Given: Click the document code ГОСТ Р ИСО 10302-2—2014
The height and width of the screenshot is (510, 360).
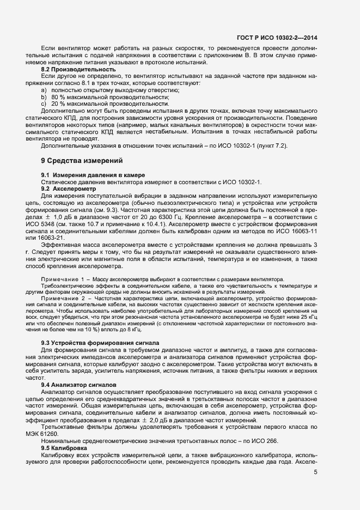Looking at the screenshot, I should pyautogui.click(x=277, y=38).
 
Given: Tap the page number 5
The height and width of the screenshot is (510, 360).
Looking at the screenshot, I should pyautogui.click(x=316, y=472).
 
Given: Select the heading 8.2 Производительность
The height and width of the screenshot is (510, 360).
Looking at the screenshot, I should pyautogui.click(x=78, y=70).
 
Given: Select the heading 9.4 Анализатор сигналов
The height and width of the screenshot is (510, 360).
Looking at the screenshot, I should pyautogui.click(x=81, y=385).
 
